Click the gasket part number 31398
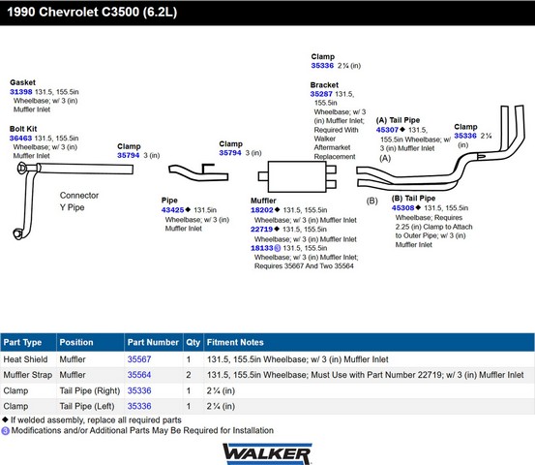(x=21, y=92)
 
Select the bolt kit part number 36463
(x=20, y=138)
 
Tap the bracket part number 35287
(x=321, y=94)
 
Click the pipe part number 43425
(x=172, y=210)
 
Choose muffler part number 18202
(x=262, y=210)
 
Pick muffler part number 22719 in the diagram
(x=262, y=229)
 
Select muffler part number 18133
(x=262, y=248)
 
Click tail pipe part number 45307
(x=387, y=130)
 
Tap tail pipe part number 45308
(x=403, y=207)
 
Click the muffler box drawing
(x=297, y=176)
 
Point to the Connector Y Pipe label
(x=79, y=201)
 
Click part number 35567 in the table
(x=139, y=359)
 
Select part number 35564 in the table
(x=139, y=375)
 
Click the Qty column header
(x=193, y=342)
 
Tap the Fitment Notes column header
(x=235, y=342)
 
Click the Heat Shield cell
(x=25, y=359)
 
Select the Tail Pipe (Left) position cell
(x=87, y=406)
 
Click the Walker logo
(x=267, y=453)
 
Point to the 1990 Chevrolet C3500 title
(x=92, y=12)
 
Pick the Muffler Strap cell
(x=28, y=375)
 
